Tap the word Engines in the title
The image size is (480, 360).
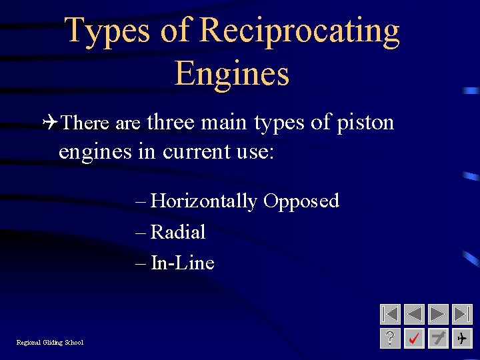point(232,74)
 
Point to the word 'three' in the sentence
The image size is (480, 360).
point(171,123)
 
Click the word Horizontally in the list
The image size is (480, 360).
point(204,201)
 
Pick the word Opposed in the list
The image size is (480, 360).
point(301,201)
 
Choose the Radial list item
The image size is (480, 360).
point(177,232)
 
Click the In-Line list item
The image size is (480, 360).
point(182,263)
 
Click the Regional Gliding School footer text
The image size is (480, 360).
point(50,343)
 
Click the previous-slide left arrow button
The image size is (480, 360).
point(414,314)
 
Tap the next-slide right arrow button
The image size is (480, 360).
point(438,314)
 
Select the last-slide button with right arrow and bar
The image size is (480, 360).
point(462,314)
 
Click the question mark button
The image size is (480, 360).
point(390,339)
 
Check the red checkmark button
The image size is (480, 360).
point(414,339)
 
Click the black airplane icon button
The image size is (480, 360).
point(462,339)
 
